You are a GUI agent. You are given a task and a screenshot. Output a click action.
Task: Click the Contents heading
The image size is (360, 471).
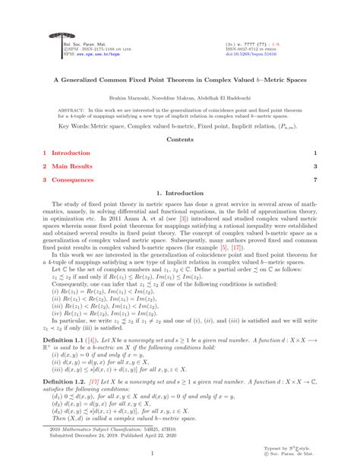tap(180, 140)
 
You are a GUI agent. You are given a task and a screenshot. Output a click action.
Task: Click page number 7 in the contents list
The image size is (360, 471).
tap(314, 180)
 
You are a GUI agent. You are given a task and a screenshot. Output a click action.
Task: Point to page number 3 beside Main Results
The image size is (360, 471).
tap(314, 166)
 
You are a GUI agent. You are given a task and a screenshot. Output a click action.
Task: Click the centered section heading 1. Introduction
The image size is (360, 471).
tap(180, 194)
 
